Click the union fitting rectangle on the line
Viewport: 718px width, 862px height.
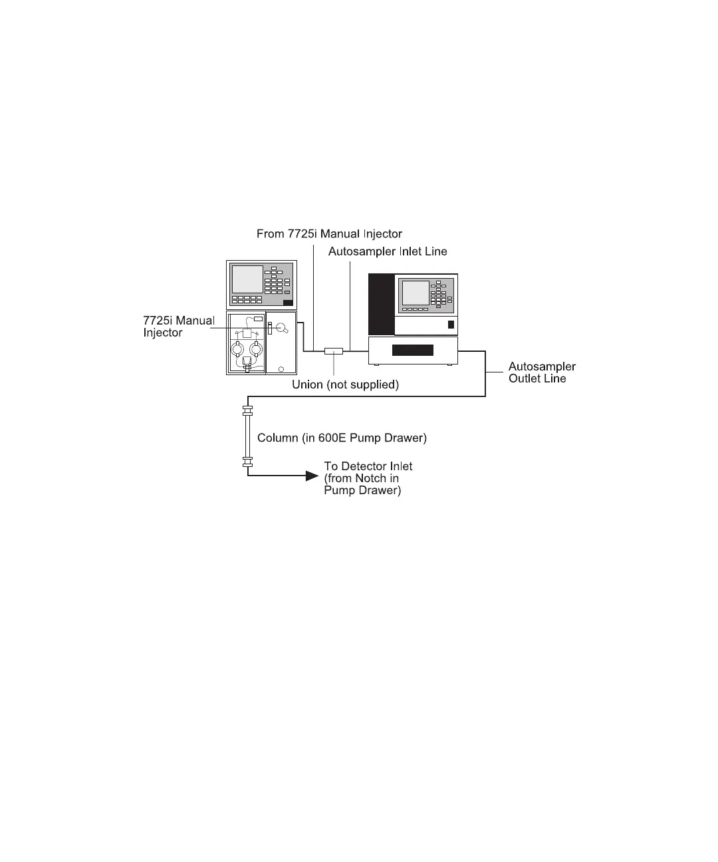pyautogui.click(x=333, y=351)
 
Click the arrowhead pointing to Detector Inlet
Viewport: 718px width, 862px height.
pyautogui.click(x=311, y=475)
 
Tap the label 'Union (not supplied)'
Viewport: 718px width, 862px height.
pyautogui.click(x=345, y=384)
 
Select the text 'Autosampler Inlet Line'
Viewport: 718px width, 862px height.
pyautogui.click(x=388, y=251)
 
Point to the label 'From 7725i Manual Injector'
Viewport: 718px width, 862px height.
pyautogui.click(x=329, y=233)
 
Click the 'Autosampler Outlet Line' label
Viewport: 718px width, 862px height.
pyautogui.click(x=542, y=372)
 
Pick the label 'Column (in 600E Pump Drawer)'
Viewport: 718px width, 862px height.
pyautogui.click(x=342, y=438)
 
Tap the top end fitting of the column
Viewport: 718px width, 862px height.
pyautogui.click(x=249, y=410)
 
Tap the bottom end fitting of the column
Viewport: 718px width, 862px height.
pyautogui.click(x=249, y=462)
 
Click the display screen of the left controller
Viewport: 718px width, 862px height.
pyautogui.click(x=247, y=279)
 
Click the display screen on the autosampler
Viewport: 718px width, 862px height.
pyautogui.click(x=416, y=293)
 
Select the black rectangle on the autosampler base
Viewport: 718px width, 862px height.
pyautogui.click(x=413, y=350)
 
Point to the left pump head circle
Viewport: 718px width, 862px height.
pyautogui.click(x=237, y=349)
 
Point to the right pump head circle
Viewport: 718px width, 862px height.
pyautogui.click(x=257, y=349)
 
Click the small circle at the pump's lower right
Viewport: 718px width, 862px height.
pyautogui.click(x=281, y=368)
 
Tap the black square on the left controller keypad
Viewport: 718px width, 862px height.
pyautogui.click(x=288, y=303)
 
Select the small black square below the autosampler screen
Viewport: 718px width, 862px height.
pyautogui.click(x=451, y=325)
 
